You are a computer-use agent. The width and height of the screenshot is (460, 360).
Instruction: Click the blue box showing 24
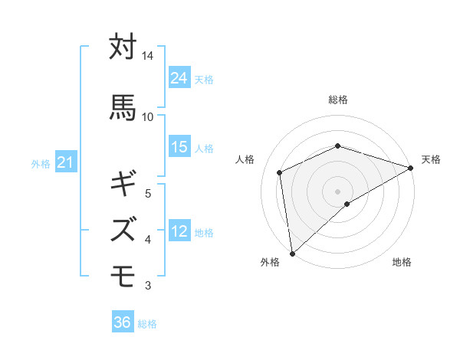pos(179,78)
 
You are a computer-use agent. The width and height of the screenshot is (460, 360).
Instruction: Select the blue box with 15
pos(179,147)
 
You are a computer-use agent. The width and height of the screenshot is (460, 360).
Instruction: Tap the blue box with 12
pos(179,231)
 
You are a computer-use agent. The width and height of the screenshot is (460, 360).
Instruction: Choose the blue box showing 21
pos(65,162)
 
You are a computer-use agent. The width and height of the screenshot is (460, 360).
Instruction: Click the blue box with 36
pos(123,322)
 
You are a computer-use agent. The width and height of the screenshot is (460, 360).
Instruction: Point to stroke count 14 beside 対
pos(148,56)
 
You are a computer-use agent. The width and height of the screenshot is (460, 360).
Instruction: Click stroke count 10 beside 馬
pos(148,116)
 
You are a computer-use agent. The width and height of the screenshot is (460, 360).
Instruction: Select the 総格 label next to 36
pos(147,324)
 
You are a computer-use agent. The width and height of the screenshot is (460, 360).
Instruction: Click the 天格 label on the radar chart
pos(431,159)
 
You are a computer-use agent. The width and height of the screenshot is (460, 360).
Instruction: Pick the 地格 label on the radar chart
pos(402,262)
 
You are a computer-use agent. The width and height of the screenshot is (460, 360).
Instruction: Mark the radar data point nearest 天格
pos(411,168)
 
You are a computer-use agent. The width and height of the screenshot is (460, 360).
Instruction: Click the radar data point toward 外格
pos(291,254)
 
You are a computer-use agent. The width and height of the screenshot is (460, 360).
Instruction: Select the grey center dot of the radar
pos(337,191)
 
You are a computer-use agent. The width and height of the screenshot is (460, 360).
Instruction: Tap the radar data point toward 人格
pos(280,172)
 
